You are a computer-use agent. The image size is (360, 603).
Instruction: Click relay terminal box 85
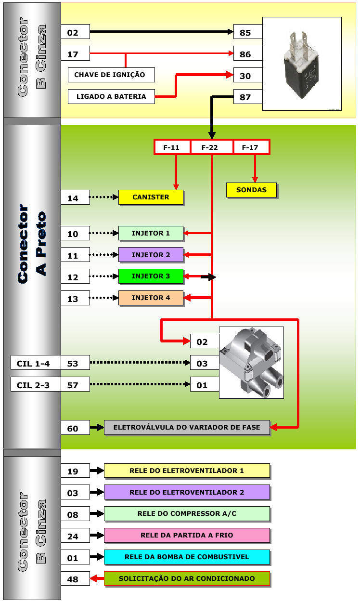click(248, 32)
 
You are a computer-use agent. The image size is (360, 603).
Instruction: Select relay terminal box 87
click(248, 97)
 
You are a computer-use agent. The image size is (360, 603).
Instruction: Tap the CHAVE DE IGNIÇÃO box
click(111, 75)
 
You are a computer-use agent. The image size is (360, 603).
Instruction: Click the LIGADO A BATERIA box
click(111, 97)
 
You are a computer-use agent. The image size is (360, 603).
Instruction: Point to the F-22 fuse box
click(211, 147)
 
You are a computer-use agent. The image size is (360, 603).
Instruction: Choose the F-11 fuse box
click(172, 147)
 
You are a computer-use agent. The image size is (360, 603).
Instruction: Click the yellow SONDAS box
click(251, 190)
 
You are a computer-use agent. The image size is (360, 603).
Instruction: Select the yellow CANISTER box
click(151, 197)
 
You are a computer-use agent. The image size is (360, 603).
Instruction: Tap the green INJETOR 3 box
click(151, 276)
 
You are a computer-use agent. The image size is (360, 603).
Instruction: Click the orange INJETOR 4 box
click(151, 298)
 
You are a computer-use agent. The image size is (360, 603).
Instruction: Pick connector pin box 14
click(76, 197)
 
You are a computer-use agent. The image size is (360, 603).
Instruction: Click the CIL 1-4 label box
click(36, 363)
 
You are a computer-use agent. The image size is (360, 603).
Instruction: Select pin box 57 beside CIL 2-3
click(76, 384)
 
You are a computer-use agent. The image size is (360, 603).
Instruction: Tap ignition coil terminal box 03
click(205, 363)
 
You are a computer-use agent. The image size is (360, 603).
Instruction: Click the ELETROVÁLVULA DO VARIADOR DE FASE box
click(187, 428)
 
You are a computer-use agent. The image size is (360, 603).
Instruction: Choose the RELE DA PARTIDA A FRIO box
click(187, 535)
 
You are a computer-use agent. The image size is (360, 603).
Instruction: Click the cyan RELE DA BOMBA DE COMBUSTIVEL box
click(187, 557)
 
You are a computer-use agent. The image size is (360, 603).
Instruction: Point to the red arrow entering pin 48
click(97, 578)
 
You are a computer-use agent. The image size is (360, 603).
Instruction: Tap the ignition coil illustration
click(251, 362)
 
